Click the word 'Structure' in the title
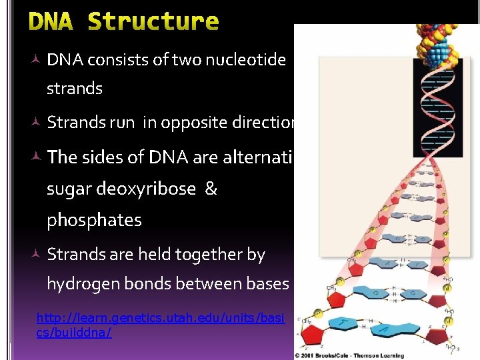click(153, 21)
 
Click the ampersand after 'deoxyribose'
click(211, 189)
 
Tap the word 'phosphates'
click(94, 221)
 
